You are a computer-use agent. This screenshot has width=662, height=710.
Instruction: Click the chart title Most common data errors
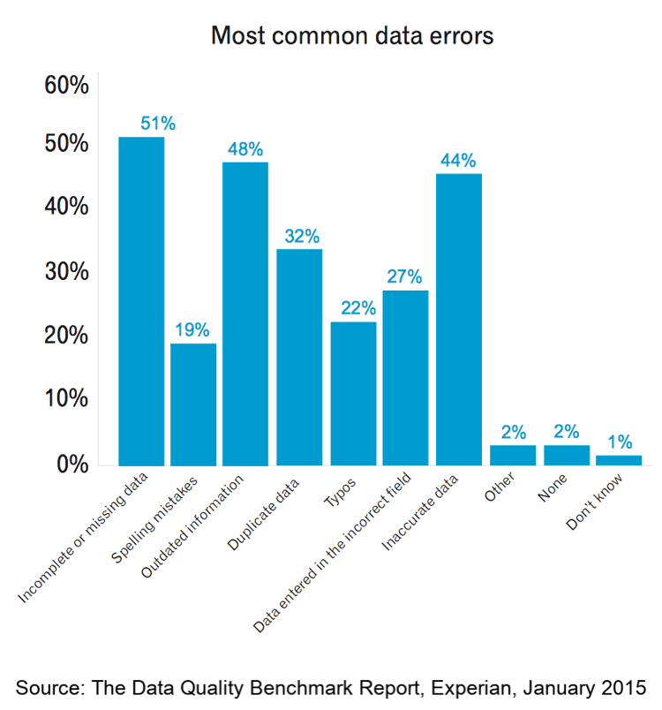click(351, 37)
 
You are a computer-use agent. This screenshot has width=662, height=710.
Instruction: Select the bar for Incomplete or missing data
click(141, 300)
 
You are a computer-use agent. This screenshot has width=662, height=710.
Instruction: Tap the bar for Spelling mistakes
click(193, 404)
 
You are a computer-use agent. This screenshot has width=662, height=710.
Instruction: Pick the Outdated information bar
click(245, 313)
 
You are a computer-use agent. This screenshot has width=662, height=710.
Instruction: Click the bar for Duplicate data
click(299, 357)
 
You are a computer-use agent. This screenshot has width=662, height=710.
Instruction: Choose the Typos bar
click(353, 393)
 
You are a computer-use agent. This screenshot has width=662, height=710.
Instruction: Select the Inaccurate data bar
click(459, 319)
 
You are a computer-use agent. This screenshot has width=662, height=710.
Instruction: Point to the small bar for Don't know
click(619, 459)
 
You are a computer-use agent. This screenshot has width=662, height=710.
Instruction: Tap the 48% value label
click(245, 149)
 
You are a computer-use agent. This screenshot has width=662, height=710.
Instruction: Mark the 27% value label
click(404, 276)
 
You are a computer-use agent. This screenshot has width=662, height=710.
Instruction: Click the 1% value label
click(620, 441)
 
